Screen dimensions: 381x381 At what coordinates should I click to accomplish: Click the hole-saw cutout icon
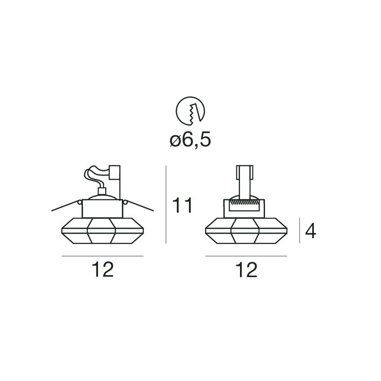(190, 110)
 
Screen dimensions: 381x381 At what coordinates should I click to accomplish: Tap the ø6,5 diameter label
(190, 140)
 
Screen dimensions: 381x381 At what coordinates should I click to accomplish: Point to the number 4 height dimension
(310, 231)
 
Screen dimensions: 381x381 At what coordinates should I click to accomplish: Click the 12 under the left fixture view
(103, 270)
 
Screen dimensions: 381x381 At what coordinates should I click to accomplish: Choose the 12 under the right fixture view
(246, 270)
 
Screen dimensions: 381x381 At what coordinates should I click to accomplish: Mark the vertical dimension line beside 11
(166, 204)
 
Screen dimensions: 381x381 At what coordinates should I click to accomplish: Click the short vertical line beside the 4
(300, 231)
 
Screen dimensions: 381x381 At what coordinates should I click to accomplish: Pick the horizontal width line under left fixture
(103, 256)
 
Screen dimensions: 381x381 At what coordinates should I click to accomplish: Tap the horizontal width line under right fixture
(246, 256)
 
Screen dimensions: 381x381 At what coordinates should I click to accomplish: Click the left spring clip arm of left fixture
(65, 206)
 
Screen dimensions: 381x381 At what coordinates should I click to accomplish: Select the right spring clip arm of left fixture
(141, 206)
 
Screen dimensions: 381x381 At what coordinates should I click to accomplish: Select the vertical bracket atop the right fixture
(245, 181)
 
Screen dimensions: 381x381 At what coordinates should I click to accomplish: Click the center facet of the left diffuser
(102, 231)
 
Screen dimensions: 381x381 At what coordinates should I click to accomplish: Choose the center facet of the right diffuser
(245, 231)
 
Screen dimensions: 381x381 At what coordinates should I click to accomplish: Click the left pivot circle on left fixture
(80, 202)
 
